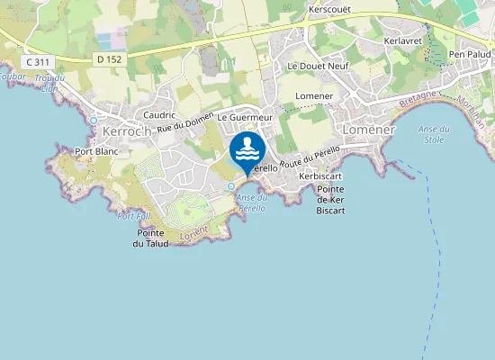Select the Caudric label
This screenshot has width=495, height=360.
pos(159,115)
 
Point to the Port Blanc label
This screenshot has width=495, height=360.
pos(97,151)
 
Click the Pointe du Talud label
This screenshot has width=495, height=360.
pos(143,238)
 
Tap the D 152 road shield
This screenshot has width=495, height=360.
pos(109,59)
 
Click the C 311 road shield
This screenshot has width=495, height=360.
pos(37,61)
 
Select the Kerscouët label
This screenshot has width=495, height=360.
pos(328,10)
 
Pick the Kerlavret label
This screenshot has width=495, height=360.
pos(402,41)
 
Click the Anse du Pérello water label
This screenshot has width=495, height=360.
pos(253,202)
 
